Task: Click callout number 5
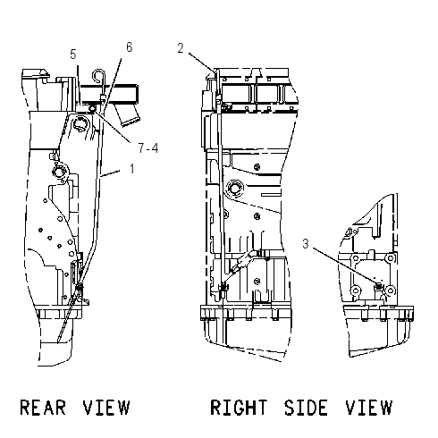[x=73, y=55]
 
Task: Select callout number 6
[x=129, y=47]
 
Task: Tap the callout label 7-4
[x=148, y=147]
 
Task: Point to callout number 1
[x=132, y=169]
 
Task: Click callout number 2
[x=181, y=48]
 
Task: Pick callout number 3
[x=306, y=244]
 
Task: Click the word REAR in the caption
[x=43, y=408]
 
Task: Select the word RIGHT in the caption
[x=239, y=408]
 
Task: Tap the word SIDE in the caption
[x=306, y=408]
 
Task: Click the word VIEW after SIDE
[x=369, y=408]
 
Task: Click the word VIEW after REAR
[x=106, y=408]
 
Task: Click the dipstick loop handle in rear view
[x=99, y=75]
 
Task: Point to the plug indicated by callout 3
[x=379, y=286]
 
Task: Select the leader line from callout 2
[x=202, y=63]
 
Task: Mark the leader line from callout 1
[x=111, y=173]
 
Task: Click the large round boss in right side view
[x=235, y=189]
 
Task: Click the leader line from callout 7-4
[x=112, y=126]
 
